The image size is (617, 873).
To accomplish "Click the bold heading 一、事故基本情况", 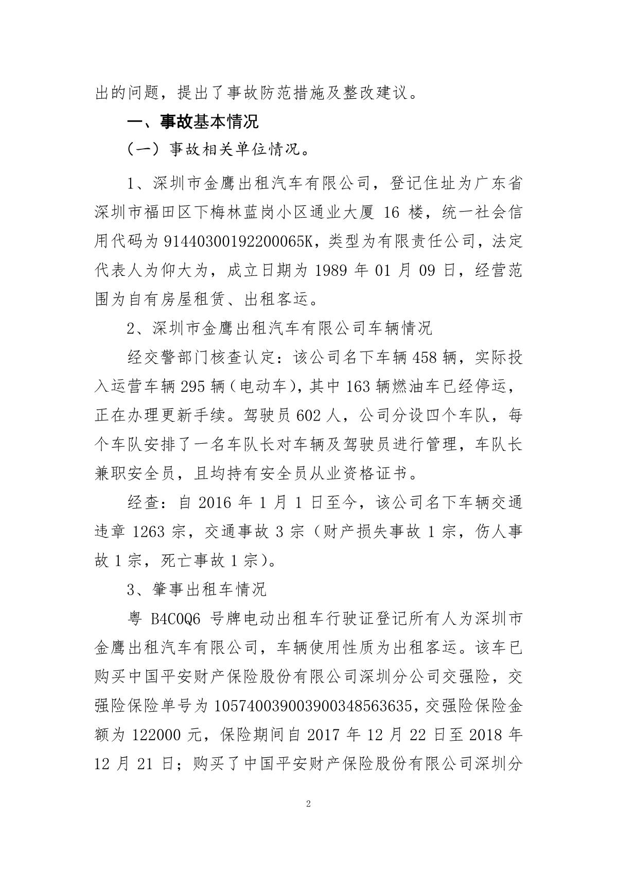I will click(193, 122).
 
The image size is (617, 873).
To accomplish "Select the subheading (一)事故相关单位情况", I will click(219, 151).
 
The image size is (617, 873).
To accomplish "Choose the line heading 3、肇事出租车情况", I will click(197, 589).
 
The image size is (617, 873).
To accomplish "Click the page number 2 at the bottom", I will click(308, 804).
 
